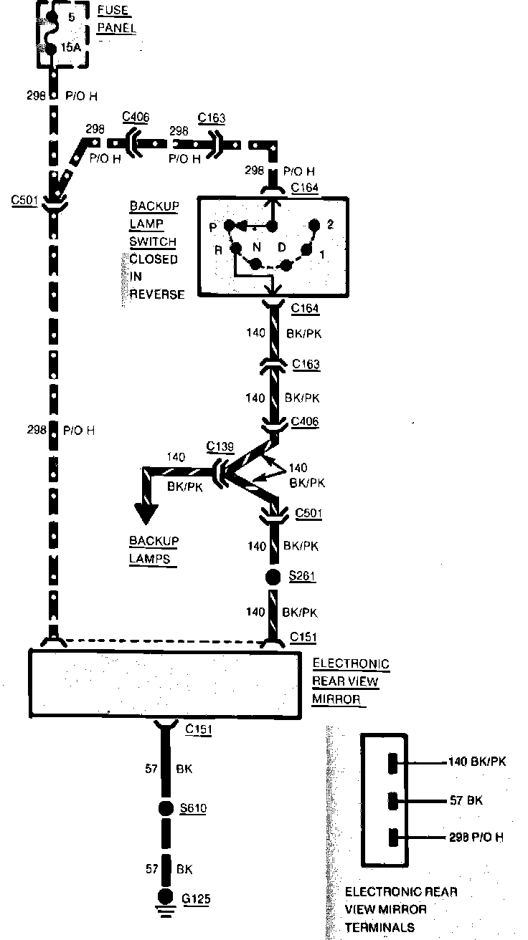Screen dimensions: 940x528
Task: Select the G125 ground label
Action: pyautogui.click(x=197, y=898)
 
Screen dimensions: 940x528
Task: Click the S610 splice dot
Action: pyautogui.click(x=166, y=809)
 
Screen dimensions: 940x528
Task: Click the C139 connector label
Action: pyautogui.click(x=220, y=448)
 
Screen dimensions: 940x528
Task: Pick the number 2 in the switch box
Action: pyautogui.click(x=330, y=224)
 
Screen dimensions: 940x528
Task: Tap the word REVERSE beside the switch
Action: pyautogui.click(x=157, y=294)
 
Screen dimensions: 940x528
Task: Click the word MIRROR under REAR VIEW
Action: pyautogui.click(x=335, y=699)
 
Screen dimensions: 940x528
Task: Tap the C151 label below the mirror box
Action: pyautogui.click(x=199, y=729)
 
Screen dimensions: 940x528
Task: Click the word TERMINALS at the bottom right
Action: pyautogui.click(x=379, y=927)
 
